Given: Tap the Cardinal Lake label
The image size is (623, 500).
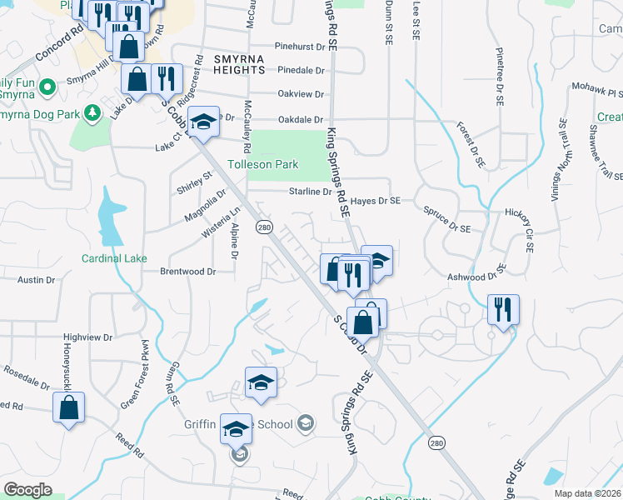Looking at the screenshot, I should pyautogui.click(x=114, y=258).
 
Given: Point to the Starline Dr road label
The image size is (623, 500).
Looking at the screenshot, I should pyautogui.click(x=310, y=192).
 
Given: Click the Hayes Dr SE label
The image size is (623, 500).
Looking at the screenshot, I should pyautogui.click(x=376, y=201).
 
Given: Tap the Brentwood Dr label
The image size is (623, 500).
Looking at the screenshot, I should pyautogui.click(x=187, y=272).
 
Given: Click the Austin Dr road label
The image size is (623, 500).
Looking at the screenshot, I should pyautogui.click(x=36, y=281).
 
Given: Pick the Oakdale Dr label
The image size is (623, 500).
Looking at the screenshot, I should pyautogui.click(x=301, y=119).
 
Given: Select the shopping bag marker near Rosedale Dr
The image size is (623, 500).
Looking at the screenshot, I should pyautogui.click(x=68, y=408).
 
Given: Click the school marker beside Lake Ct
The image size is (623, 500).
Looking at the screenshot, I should pyautogui.click(x=202, y=122).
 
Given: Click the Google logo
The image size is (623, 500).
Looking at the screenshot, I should pyautogui.click(x=27, y=490).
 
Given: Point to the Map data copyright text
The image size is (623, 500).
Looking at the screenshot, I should pyautogui.click(x=586, y=493).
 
